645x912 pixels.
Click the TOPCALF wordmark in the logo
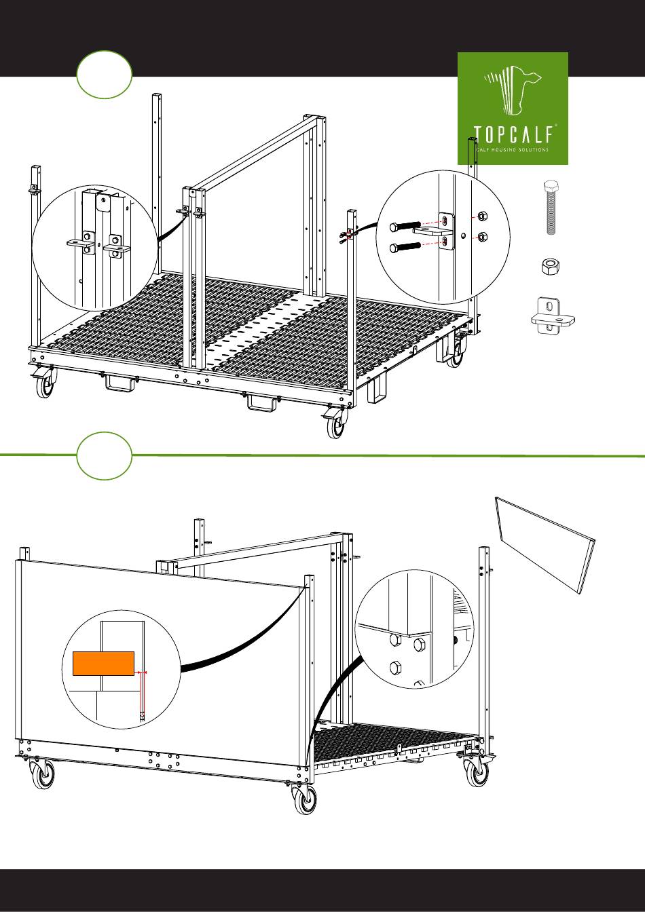[x=513, y=134]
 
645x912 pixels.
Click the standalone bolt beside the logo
[x=551, y=208]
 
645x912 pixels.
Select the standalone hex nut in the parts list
[x=550, y=267]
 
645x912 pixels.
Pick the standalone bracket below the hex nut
[x=553, y=316]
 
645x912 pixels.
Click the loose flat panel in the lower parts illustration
[x=545, y=545]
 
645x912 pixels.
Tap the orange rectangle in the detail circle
[x=103, y=663]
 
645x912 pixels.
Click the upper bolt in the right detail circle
[x=405, y=226]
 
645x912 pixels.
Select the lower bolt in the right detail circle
[x=405, y=247]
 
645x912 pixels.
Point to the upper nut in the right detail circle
[x=481, y=215]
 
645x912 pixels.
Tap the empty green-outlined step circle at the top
[x=105, y=75]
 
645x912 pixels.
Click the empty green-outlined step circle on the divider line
[x=105, y=455]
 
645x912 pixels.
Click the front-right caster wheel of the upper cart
[x=336, y=424]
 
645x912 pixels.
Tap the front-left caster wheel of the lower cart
[x=43, y=774]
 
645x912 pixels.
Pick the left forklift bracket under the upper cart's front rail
[x=119, y=383]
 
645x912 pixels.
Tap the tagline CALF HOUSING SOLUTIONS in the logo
[x=513, y=150]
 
